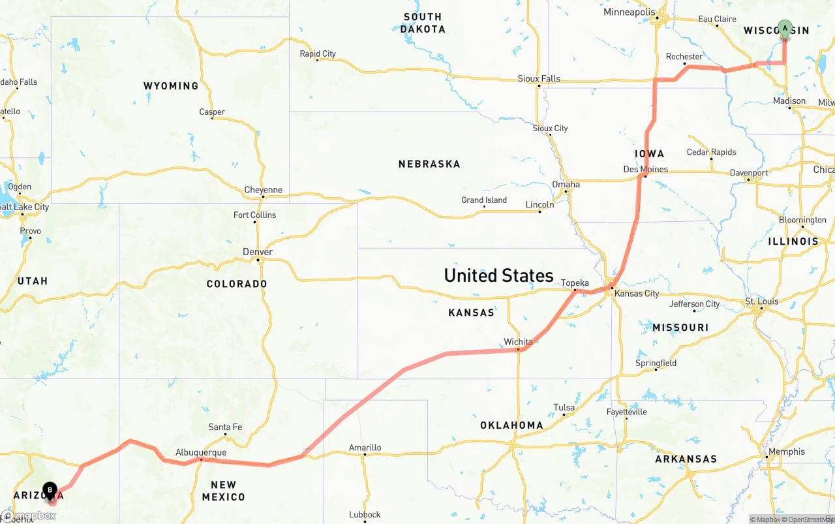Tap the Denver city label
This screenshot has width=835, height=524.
click(x=258, y=252)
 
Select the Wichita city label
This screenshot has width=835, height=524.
click(x=518, y=342)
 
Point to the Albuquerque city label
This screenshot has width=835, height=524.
click(x=201, y=452)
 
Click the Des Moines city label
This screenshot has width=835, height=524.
click(x=646, y=169)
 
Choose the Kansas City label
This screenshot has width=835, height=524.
click(x=637, y=294)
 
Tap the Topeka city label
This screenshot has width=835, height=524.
click(x=575, y=283)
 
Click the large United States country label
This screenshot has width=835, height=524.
click(x=498, y=275)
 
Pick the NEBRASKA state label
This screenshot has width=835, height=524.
click(x=429, y=164)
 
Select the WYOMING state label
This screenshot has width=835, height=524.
click(x=171, y=86)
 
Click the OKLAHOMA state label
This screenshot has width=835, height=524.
click(x=511, y=425)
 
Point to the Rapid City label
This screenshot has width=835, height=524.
click(x=318, y=54)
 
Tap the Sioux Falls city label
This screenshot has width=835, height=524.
click(x=539, y=78)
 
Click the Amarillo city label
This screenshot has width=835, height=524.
click(x=365, y=448)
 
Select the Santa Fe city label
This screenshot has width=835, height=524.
click(x=225, y=427)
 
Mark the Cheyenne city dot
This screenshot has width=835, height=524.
click(x=263, y=196)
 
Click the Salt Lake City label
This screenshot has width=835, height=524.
click(x=25, y=207)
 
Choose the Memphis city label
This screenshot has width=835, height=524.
click(x=787, y=452)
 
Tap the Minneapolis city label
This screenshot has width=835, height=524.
click(x=629, y=12)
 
